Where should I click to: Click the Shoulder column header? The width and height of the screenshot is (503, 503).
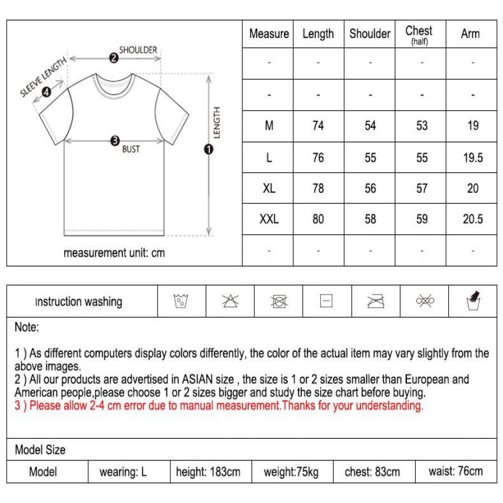369,34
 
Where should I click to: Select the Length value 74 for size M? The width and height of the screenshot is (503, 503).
318,126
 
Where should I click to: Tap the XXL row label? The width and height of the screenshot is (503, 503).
269,219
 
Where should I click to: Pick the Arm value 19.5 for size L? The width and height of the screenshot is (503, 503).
473,158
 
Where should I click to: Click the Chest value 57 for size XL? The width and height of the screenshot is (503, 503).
422,188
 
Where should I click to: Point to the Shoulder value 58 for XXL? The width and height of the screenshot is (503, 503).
370,219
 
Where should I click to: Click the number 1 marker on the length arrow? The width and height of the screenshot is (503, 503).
209,149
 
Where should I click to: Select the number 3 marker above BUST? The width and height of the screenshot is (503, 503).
115,140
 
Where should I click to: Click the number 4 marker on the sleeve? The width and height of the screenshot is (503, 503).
46,93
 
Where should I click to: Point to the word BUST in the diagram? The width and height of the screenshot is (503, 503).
131,150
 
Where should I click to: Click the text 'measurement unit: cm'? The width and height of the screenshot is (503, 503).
114,253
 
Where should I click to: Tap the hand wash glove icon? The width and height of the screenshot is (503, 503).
474,301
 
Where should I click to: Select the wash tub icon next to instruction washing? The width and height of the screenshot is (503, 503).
181,301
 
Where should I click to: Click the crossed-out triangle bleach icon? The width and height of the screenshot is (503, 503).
230,301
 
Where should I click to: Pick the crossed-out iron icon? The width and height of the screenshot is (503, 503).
375,301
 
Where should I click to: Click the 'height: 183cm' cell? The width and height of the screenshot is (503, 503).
208,472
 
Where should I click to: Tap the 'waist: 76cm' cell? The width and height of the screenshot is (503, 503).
455,471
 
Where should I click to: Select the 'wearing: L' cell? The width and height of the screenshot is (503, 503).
123,472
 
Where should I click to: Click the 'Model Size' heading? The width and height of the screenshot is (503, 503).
40,449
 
